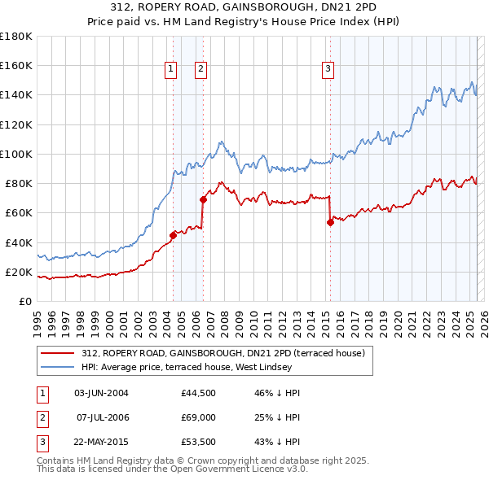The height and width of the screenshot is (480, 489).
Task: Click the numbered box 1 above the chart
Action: (171, 70)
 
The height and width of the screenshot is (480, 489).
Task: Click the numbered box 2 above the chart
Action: (200, 70)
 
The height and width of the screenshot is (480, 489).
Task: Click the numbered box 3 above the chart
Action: (328, 70)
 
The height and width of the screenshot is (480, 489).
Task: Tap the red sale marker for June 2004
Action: (173, 235)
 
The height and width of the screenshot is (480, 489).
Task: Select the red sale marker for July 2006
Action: (203, 199)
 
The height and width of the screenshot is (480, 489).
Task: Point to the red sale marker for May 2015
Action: (330, 222)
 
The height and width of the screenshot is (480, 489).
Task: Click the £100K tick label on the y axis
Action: (16, 154)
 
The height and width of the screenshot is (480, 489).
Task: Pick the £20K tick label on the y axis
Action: (20, 272)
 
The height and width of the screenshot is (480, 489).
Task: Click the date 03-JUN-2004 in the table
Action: (101, 393)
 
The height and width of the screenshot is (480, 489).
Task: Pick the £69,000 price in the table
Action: (199, 417)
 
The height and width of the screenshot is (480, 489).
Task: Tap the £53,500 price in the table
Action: (199, 442)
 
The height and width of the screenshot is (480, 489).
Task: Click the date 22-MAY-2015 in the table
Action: (101, 442)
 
